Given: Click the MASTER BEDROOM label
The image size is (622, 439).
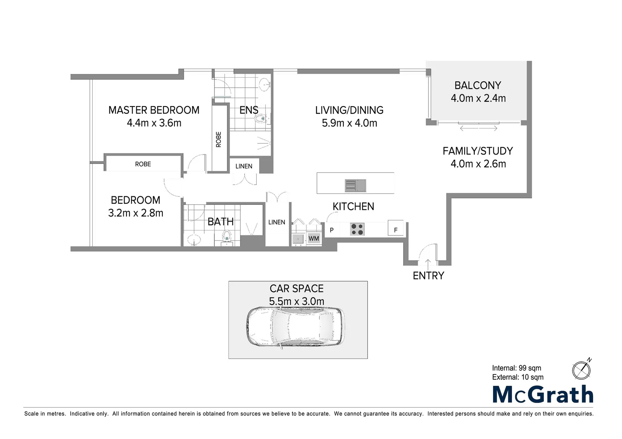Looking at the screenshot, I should coord(154,110).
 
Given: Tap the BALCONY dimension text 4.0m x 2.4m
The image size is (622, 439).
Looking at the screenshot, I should coord(478,98).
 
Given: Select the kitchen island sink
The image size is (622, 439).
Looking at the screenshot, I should coord(356,185).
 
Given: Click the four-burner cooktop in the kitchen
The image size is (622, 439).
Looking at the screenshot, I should coord(357,229).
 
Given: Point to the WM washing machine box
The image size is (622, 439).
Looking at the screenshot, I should coord(314,238).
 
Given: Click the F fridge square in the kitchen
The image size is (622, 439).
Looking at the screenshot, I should coord(395,228).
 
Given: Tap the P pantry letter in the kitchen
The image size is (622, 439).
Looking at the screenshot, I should coord(332,230).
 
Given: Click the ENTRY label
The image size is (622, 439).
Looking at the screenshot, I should coord(428,276).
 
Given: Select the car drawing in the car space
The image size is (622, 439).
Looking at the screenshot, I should coord(296,327).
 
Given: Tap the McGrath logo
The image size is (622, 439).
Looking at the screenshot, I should coord(543,394).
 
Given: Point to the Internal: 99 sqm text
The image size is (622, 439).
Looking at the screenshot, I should coord(516,368).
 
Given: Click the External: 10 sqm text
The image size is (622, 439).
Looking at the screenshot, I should coord(517,377).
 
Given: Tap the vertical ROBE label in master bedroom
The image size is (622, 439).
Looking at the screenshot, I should coord(219,139).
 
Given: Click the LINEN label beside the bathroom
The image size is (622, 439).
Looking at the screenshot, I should coord(277,222).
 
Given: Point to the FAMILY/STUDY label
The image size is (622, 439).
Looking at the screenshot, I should coord(478,151).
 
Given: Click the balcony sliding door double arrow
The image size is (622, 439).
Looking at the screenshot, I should coord(478,128).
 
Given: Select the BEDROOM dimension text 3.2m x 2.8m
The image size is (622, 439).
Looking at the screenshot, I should coord(135,213).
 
